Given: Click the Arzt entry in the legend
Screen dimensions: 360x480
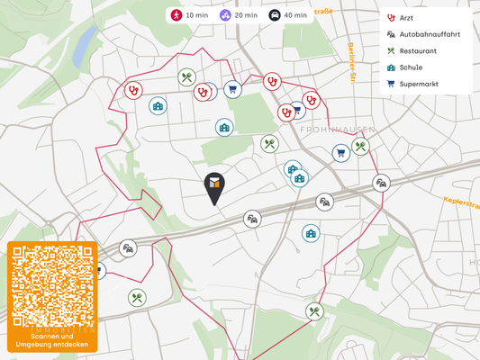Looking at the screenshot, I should point(406,18).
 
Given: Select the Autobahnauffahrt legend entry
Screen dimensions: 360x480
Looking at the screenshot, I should point(428,34).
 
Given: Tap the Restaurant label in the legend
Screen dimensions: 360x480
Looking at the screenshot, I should point(418,51).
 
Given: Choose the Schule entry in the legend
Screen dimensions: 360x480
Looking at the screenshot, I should point(412,67).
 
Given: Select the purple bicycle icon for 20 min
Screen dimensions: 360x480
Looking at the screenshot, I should point(226,15).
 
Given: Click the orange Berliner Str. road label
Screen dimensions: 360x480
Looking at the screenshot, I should point(352,62).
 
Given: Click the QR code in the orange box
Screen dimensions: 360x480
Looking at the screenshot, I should point(52,286).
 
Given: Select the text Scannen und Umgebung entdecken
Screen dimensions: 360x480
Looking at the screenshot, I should point(52,340).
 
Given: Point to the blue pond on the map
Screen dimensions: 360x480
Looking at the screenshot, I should point(86,41).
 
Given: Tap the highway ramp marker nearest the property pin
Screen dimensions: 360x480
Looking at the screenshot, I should point(253,219).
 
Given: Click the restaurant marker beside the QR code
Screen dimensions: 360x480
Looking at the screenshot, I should point(136,296).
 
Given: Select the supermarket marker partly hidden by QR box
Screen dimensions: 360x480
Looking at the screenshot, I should point(98,270).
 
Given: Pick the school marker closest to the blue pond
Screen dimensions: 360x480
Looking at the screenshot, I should point(158,106).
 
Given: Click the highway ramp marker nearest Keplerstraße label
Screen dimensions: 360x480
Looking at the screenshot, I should point(382,183).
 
